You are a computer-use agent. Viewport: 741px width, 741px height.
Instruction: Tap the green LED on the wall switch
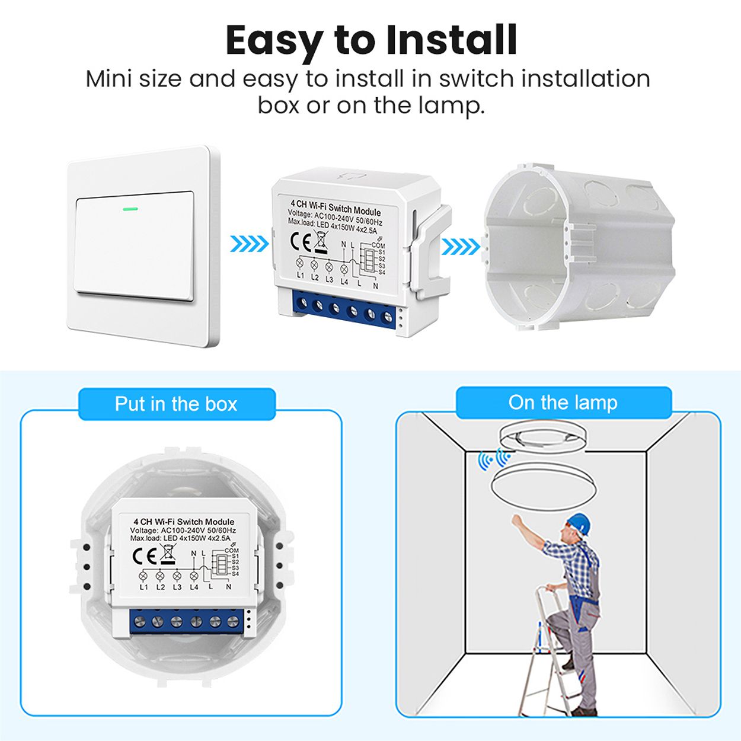(x=130, y=209)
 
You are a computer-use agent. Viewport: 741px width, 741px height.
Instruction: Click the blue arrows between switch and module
(x=249, y=243)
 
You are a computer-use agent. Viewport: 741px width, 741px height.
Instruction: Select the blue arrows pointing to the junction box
(x=461, y=246)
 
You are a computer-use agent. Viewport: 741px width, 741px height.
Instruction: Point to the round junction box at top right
(x=578, y=249)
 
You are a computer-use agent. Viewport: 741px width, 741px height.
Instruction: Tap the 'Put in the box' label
(x=176, y=404)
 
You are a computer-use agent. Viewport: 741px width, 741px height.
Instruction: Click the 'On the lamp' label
(x=563, y=403)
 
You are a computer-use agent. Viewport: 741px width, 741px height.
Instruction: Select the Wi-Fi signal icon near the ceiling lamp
(x=494, y=459)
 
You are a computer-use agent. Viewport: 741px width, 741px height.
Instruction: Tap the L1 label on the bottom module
(x=143, y=587)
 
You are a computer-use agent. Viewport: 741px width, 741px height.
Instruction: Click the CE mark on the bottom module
(x=144, y=555)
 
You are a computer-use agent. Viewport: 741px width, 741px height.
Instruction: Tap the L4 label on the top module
(x=344, y=282)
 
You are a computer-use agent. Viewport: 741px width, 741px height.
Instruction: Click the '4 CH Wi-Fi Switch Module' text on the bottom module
(x=184, y=522)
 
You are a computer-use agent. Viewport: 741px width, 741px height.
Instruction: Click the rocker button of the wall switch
(x=134, y=246)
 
